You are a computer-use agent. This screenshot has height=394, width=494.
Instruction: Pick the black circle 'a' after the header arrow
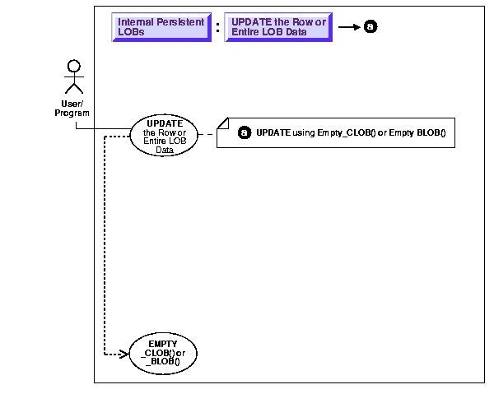370,27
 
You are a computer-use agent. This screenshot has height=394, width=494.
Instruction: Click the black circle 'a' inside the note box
244,132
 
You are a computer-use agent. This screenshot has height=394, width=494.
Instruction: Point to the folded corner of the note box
222,123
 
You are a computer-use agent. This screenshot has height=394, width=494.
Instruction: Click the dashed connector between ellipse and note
207,133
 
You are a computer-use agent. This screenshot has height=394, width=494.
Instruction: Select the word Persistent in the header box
179,22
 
